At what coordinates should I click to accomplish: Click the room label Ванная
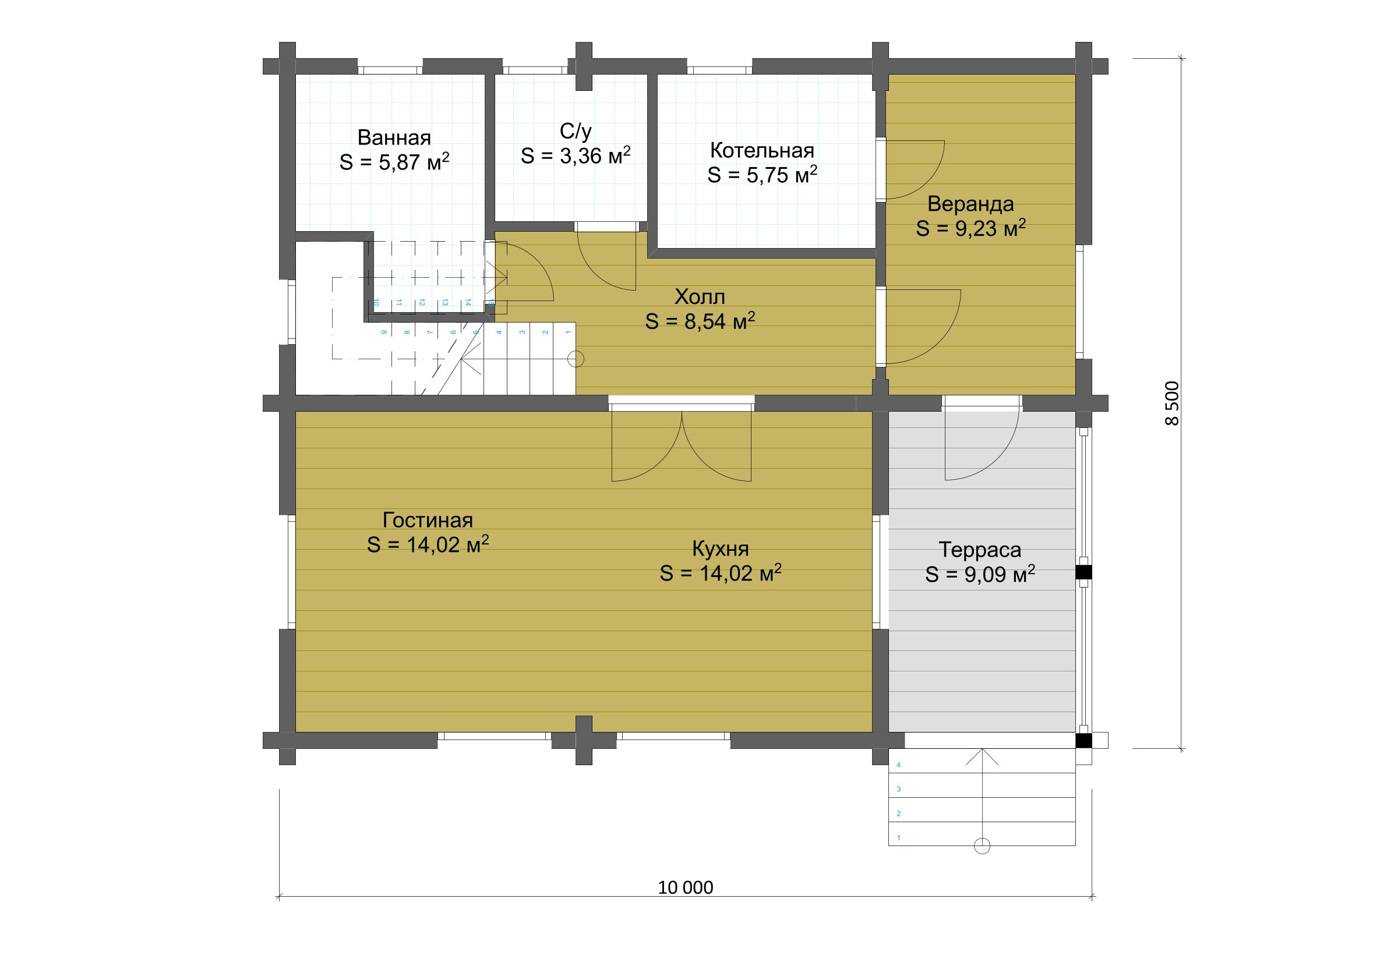click(394, 137)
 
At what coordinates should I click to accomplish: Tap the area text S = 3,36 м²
click(576, 156)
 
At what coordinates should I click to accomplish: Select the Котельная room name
click(762, 150)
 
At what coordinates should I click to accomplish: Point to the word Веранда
click(970, 204)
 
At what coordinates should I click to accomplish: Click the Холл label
click(700, 296)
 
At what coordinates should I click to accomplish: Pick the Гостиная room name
click(428, 520)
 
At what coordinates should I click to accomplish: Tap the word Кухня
click(720, 549)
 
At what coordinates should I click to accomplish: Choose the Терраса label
click(980, 550)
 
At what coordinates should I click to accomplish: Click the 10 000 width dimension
click(685, 887)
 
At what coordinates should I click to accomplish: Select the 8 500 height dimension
click(1171, 404)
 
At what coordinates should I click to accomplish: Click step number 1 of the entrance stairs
click(899, 837)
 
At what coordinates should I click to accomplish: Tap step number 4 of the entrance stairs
click(899, 765)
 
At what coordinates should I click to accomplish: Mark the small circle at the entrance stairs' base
click(982, 846)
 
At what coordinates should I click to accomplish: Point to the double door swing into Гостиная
click(682, 447)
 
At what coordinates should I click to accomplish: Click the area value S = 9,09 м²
click(980, 574)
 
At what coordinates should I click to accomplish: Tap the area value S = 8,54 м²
click(700, 321)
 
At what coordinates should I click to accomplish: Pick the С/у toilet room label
click(576, 131)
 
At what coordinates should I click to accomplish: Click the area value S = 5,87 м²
click(394, 162)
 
